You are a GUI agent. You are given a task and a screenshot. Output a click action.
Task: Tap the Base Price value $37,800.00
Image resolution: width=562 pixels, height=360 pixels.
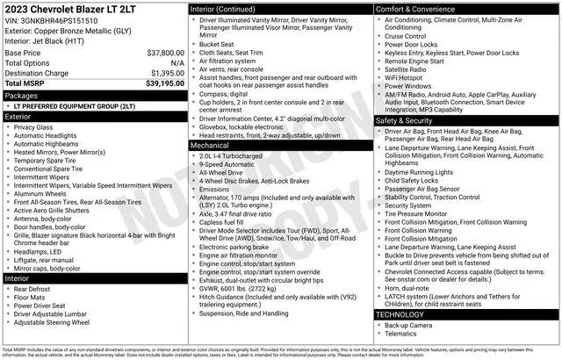pyautogui.click(x=165, y=53)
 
